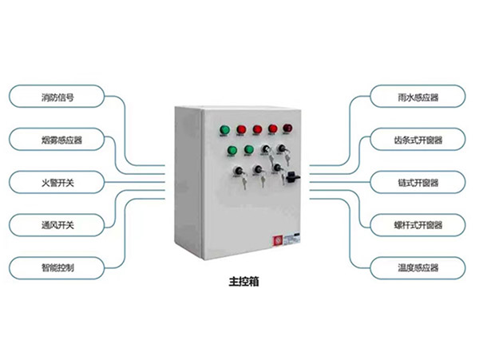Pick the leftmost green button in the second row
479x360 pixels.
(232, 150)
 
